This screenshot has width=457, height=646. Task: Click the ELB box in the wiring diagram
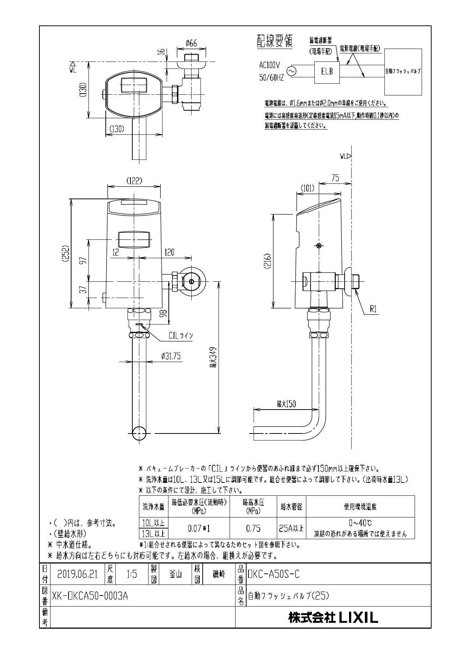coord(327,72)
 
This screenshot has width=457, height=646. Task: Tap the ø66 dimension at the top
coord(191,43)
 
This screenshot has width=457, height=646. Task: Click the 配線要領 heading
coord(274,41)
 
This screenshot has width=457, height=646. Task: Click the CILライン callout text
coord(181,336)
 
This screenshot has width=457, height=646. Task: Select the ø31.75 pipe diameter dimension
coord(171,356)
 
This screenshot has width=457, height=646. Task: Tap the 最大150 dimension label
coord(286,404)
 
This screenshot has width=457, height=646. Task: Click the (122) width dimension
coord(134,181)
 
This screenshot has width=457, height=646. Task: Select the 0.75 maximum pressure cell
coord(253,529)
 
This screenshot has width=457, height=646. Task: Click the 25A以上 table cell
coord(291,529)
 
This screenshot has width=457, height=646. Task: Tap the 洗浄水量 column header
coord(154,507)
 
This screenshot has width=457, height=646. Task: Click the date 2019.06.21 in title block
coord(77,574)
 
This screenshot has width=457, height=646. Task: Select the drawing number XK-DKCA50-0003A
coord(90,596)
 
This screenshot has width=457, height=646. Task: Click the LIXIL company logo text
coord(333,617)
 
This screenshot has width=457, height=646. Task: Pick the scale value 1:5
coord(132,574)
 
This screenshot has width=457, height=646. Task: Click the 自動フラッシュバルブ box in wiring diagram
coord(402,72)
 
